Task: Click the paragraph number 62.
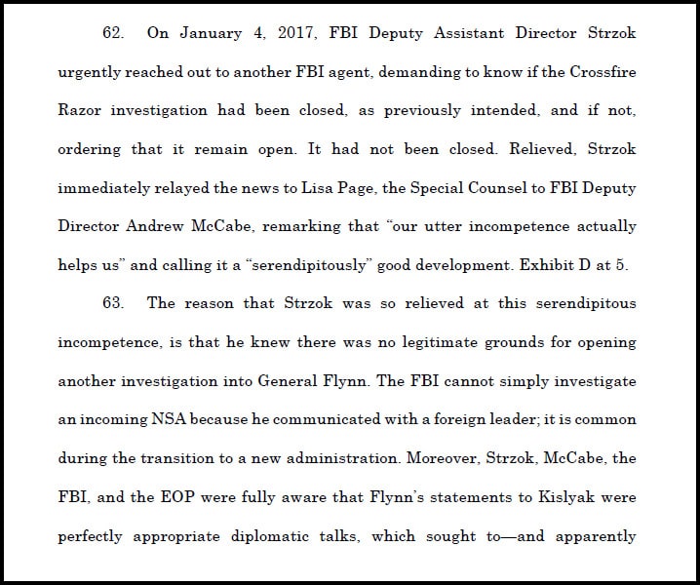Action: click(112, 32)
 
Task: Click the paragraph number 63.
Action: click(112, 303)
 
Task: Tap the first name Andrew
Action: click(158, 226)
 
